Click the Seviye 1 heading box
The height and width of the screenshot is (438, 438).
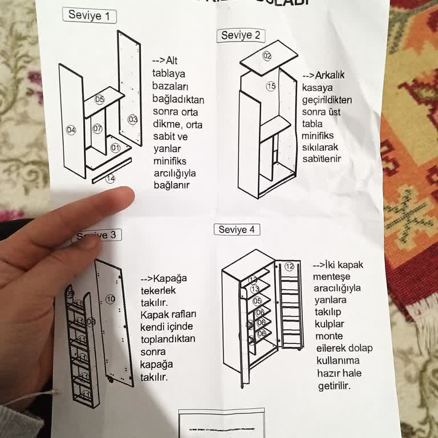pyautogui.click(x=88, y=15)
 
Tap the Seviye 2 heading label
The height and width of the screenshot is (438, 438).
pyautogui.click(x=240, y=35)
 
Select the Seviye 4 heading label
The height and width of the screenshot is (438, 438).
pyautogui.click(x=237, y=230)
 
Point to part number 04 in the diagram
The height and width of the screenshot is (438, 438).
pyautogui.click(x=71, y=130)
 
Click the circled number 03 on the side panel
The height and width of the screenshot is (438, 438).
pyautogui.click(x=132, y=120)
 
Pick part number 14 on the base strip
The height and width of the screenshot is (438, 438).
pyautogui.click(x=111, y=179)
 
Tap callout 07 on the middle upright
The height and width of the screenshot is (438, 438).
pyautogui.click(x=98, y=128)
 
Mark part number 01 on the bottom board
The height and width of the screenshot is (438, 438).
pyautogui.click(x=115, y=148)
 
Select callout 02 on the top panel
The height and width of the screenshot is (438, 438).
pyautogui.click(x=267, y=55)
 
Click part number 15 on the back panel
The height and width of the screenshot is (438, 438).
pyautogui.click(x=271, y=86)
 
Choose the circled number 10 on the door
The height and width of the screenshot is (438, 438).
pyautogui.click(x=111, y=299)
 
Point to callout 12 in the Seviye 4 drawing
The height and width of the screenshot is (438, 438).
pyautogui.click(x=289, y=266)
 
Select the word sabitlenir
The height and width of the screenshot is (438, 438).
pyautogui.click(x=322, y=159)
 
